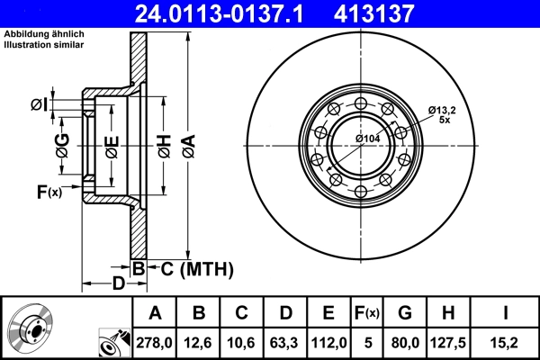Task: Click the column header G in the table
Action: tap(405, 313)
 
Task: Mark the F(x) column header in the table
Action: tap(367, 313)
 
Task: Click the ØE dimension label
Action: tap(112, 147)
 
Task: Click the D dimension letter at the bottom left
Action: tap(119, 283)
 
